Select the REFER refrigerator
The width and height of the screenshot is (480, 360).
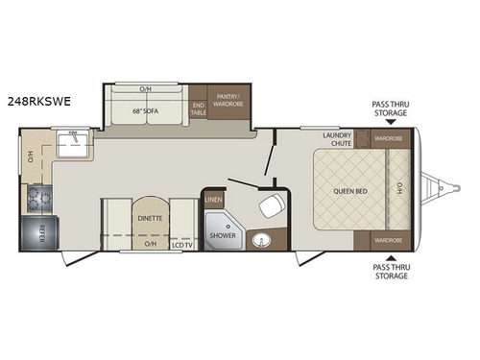click(x=39, y=232)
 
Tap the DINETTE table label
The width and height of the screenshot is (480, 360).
click(x=150, y=218)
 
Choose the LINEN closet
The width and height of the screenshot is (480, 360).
click(x=213, y=200)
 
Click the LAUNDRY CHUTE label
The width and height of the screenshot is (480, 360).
click(x=337, y=139)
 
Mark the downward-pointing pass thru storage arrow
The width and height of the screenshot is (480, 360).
click(x=390, y=123)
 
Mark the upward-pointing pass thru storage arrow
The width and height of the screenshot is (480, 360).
click(x=390, y=256)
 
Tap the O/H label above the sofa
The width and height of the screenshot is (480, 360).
click(x=145, y=90)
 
